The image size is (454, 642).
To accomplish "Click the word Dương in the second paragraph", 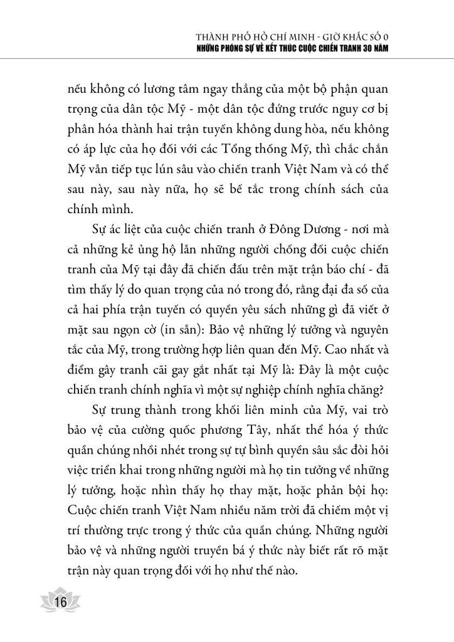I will (x=320, y=234).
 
